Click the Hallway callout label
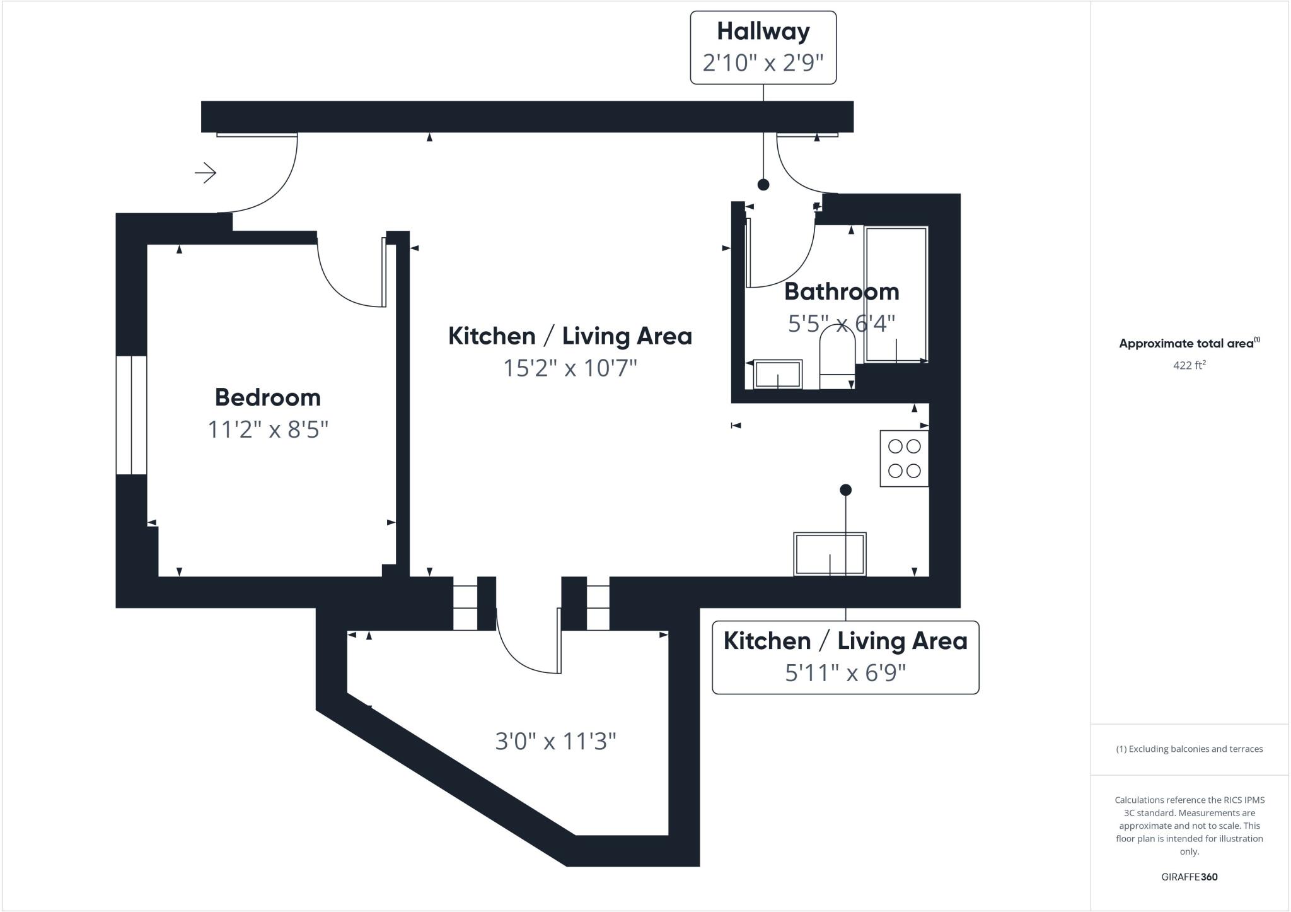[763, 32]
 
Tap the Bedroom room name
[268, 397]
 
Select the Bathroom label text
[841, 291]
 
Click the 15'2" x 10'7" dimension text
[570, 368]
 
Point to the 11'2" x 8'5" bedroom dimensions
[268, 430]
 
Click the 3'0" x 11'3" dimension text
[555, 741]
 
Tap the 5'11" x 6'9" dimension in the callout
[845, 673]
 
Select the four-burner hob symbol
[904, 459]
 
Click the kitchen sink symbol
[830, 554]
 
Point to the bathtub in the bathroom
[896, 295]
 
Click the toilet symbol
[837, 360]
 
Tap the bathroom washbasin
[778, 374]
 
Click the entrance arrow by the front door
[206, 173]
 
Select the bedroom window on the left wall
[131, 415]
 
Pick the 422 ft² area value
[1189, 365]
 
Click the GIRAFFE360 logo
[1189, 877]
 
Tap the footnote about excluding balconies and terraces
[1189, 749]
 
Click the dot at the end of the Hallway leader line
[763, 185]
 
